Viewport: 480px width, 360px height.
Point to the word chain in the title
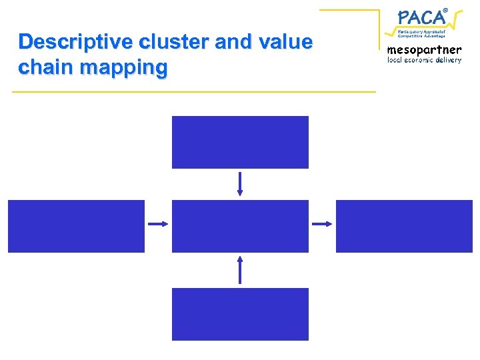point(47,67)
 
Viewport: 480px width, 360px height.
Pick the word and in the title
point(232,43)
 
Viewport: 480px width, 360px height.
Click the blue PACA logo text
point(419,17)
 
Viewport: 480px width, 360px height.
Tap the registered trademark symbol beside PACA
point(445,9)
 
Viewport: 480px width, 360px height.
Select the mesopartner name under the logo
point(424,50)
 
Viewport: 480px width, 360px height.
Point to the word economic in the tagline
point(415,60)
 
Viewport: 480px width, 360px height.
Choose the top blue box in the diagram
point(240,142)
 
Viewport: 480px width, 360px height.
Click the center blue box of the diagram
point(240,226)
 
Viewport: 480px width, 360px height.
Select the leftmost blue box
point(76,226)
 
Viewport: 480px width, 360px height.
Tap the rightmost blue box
point(404,226)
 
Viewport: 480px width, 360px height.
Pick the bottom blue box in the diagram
point(240,314)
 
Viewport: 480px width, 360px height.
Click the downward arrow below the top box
point(240,184)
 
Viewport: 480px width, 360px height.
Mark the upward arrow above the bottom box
point(240,270)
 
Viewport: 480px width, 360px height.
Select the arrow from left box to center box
point(158,224)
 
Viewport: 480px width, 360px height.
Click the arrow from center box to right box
point(322,224)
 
